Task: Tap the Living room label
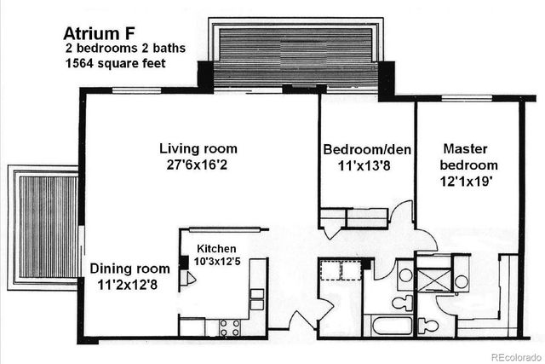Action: (x=198, y=149)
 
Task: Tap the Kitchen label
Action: (x=216, y=248)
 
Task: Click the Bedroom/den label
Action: (x=367, y=150)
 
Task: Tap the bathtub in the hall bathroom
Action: (x=388, y=326)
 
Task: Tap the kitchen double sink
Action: (x=255, y=300)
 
